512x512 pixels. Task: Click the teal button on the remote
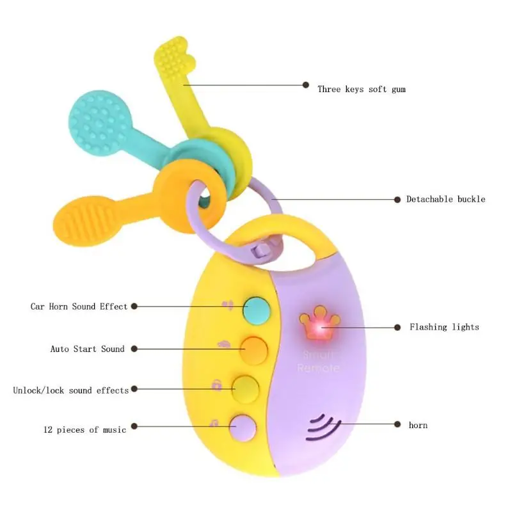[x=257, y=310]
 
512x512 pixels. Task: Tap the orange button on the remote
[x=254, y=350]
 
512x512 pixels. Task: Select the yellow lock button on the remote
[x=246, y=389]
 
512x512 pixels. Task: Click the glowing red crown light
[x=319, y=323]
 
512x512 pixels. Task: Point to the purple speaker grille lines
[x=323, y=428]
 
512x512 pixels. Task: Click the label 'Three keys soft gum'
[x=362, y=90]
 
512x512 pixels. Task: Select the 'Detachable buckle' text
[x=445, y=199]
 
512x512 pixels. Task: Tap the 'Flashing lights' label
[x=444, y=327]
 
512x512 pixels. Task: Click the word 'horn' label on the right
[x=418, y=425]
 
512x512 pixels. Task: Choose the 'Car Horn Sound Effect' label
[x=79, y=307]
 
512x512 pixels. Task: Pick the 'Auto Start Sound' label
[x=87, y=349]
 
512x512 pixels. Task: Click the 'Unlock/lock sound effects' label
[x=71, y=390]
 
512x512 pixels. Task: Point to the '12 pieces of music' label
[x=84, y=429]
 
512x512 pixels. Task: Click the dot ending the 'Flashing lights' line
[x=397, y=327]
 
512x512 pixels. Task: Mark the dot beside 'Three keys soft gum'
[x=306, y=85]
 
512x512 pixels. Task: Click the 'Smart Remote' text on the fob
[x=317, y=361]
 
